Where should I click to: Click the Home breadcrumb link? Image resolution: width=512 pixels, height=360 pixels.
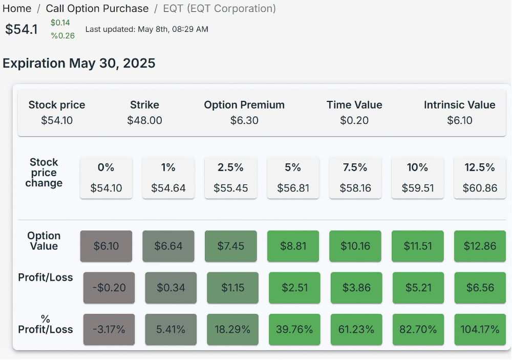coord(17,9)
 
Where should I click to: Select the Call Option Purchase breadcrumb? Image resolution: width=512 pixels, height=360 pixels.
coord(97,9)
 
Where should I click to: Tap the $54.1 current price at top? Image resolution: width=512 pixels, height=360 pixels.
coord(22,30)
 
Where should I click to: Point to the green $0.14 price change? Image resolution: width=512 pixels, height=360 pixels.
coord(60,23)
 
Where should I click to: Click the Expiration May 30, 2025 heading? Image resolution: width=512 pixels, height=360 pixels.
coord(79,63)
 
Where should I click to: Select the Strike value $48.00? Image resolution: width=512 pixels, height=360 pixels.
coord(144,120)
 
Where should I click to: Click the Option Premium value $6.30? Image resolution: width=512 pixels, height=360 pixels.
coord(244,120)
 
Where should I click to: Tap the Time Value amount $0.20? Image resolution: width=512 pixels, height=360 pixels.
coord(354,120)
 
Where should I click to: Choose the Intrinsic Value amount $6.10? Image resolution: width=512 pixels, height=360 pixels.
coord(459,120)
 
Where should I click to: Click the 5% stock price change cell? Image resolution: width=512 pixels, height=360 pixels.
coord(293,178)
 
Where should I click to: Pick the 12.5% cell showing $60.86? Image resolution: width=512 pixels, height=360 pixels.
coord(480,178)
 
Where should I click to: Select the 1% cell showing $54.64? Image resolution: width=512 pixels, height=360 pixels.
coord(168,178)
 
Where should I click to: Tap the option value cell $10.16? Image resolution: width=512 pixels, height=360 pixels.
coord(355,246)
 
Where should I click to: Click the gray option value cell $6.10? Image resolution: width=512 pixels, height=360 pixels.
coord(106,246)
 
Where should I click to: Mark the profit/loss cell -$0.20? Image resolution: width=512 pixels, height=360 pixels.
coord(109,288)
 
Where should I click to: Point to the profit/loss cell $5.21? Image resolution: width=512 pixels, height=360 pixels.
coord(418,288)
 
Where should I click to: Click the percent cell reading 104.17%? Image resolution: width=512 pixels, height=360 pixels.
coord(480,329)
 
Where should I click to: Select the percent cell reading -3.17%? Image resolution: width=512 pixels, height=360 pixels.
coord(109,329)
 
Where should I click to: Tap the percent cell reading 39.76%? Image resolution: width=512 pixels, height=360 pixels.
coord(294,329)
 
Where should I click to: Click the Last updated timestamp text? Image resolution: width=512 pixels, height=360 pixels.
coord(146,29)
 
